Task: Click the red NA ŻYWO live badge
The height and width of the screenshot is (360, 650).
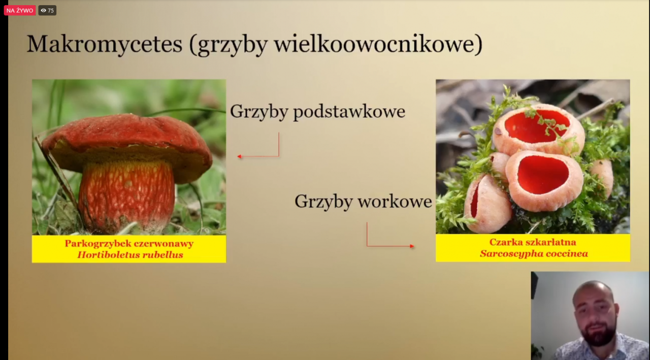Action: click(x=20, y=11)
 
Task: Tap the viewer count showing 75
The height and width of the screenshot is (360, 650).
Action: click(x=47, y=11)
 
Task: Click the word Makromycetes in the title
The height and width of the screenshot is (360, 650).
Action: click(x=105, y=44)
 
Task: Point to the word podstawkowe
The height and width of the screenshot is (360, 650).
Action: click(x=349, y=112)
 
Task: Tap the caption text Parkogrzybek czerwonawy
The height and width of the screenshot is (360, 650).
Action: click(x=129, y=243)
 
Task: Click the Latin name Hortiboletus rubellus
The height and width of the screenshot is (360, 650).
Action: click(x=130, y=255)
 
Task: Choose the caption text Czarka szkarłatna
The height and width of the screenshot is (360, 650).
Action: click(x=533, y=242)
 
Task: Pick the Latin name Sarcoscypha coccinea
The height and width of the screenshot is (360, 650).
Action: click(x=534, y=253)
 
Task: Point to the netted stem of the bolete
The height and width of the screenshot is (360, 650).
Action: click(x=127, y=197)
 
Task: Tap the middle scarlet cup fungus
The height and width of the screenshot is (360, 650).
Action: click(x=544, y=180)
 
